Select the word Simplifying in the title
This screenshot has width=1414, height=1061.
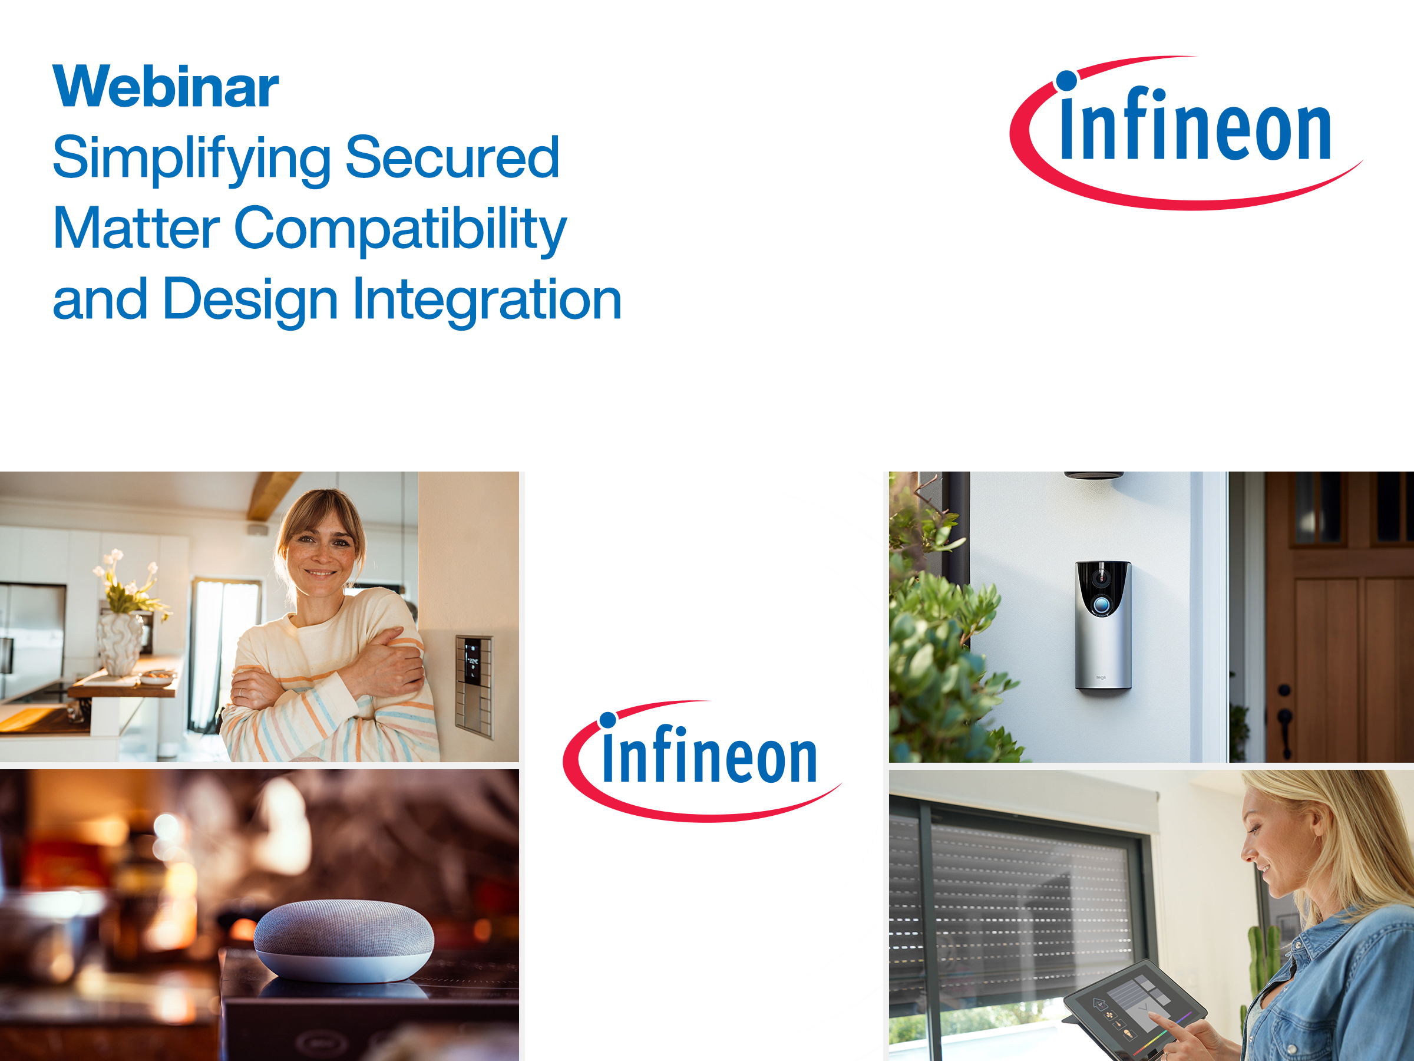coord(191,159)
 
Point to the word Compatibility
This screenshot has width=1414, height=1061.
coord(400,230)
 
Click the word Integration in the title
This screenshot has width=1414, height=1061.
coord(487,301)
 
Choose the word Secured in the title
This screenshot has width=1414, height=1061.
coord(452,157)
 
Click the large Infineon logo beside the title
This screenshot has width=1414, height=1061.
coord(1186,133)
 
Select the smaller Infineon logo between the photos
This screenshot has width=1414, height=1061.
coord(702,761)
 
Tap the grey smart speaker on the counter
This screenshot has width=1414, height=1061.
coord(344,940)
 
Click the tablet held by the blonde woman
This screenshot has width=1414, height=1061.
coord(1135,1009)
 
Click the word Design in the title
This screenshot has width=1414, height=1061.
coord(250,301)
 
